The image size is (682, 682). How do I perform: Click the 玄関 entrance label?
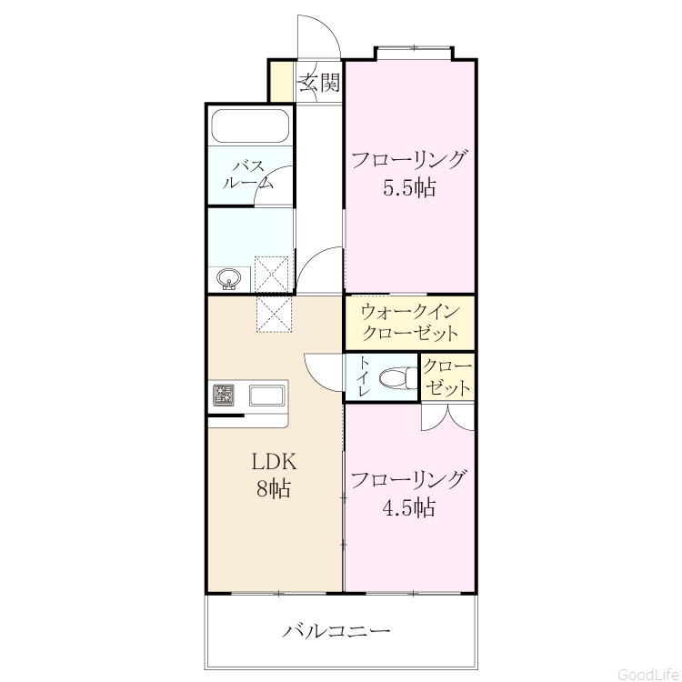(x=320, y=82)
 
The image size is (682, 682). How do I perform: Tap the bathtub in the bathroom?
(x=250, y=125)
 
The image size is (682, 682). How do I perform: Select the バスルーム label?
(x=248, y=175)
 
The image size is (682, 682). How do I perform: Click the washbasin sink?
(x=229, y=278)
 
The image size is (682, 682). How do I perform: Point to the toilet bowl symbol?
(x=398, y=377)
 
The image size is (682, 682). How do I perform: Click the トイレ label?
(x=363, y=376)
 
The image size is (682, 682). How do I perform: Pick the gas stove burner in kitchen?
(x=223, y=396)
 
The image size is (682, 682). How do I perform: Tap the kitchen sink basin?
(x=266, y=396)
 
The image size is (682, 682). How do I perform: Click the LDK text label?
(x=274, y=461)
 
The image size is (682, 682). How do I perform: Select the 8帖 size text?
(x=273, y=488)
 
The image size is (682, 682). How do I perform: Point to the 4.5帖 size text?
(x=409, y=506)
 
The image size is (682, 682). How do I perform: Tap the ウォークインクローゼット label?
(x=410, y=323)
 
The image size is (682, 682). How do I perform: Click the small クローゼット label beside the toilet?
(x=447, y=376)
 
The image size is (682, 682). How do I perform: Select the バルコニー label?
(x=336, y=630)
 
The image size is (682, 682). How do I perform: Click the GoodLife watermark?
(x=649, y=674)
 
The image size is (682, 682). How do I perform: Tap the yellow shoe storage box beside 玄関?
(x=282, y=82)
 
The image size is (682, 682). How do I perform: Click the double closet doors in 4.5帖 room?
(x=447, y=416)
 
